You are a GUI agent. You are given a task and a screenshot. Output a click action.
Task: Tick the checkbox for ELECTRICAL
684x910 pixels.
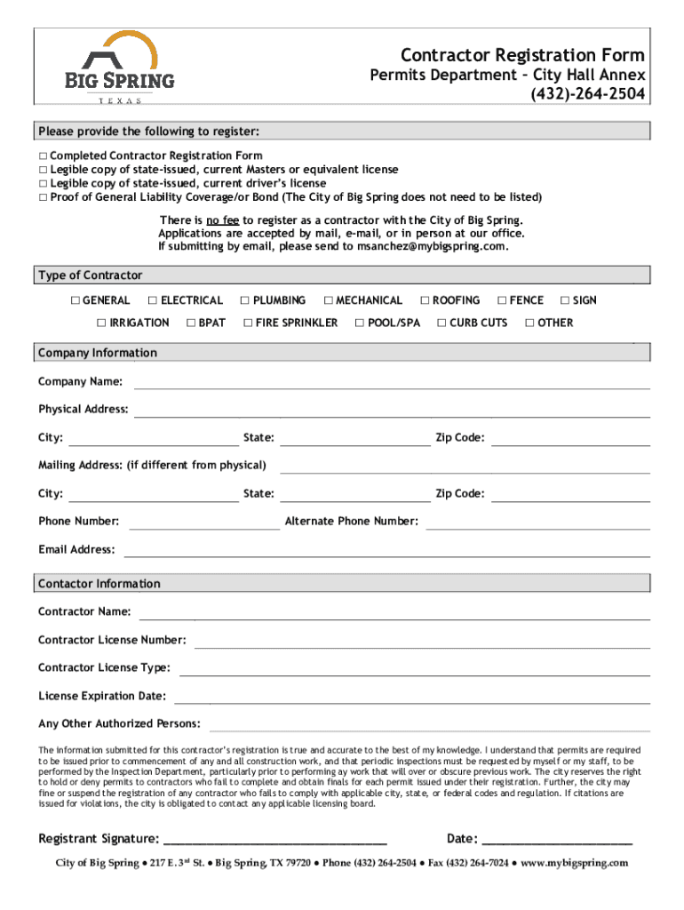[x=153, y=300]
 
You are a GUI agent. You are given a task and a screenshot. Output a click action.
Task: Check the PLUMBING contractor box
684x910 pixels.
[x=245, y=300]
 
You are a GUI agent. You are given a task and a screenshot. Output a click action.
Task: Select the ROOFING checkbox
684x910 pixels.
[x=425, y=300]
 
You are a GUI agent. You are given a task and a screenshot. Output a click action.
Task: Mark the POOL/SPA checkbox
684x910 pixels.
[x=360, y=323]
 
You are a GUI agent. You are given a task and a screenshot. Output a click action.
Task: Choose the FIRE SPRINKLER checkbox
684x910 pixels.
[x=248, y=323]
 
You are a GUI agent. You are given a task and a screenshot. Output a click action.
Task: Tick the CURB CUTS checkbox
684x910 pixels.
[x=441, y=323]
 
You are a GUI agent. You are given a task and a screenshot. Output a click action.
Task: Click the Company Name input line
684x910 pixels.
[x=391, y=383]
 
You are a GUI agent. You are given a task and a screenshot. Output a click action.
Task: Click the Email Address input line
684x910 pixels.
[x=386, y=551]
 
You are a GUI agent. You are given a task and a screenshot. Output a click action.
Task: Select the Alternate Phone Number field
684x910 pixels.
[x=537, y=523]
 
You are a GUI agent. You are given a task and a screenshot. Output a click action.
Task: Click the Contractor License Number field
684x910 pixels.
[x=422, y=642]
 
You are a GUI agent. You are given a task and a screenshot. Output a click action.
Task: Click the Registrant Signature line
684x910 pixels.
[x=275, y=840]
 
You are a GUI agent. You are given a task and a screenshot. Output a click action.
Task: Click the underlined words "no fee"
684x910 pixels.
[x=222, y=220]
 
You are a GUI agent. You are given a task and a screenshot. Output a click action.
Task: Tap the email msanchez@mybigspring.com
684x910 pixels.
[x=432, y=246]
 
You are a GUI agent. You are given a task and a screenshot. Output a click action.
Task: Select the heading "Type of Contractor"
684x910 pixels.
[x=90, y=275]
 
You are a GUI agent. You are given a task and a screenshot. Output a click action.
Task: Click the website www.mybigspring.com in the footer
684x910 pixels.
[x=575, y=863]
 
